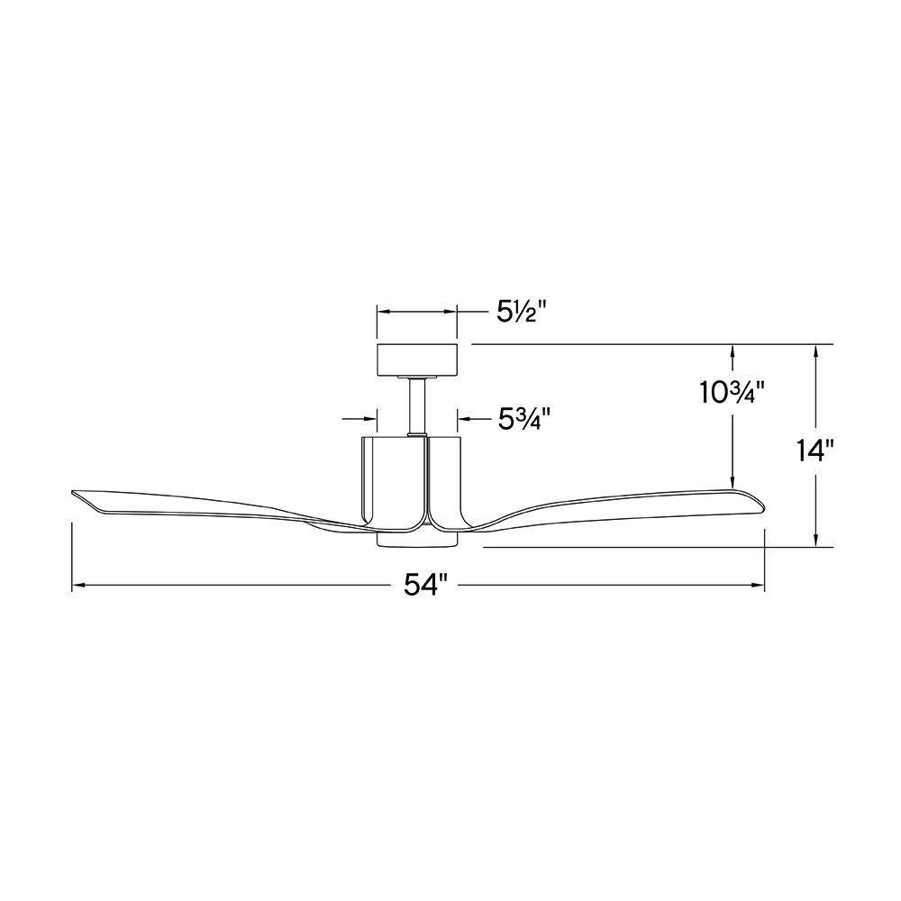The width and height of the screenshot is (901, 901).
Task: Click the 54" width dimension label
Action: coord(425,586)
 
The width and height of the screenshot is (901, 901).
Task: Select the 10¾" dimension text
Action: coord(732,393)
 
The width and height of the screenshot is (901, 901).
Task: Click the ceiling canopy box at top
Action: coord(416,359)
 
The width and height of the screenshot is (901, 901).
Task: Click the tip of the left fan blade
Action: coord(72,493)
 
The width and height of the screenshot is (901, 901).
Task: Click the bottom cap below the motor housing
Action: coord(416,539)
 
